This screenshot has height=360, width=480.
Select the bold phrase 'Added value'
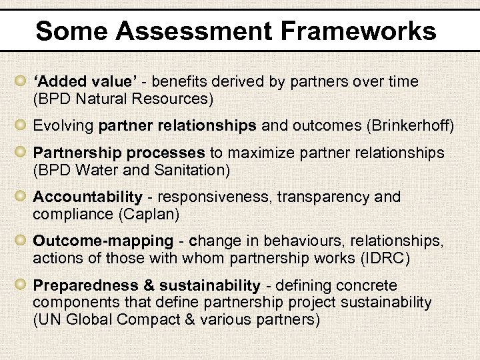click(85, 82)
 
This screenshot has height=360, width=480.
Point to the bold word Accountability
click(87, 197)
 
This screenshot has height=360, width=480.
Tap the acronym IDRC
click(393, 259)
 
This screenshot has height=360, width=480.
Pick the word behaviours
click(303, 241)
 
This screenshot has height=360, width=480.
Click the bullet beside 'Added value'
click(21, 81)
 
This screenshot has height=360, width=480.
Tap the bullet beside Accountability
click(21, 197)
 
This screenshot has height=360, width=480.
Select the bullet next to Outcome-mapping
click(21, 241)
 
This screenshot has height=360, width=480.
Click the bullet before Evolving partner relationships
click(21, 125)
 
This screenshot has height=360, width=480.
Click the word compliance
click(69, 215)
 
